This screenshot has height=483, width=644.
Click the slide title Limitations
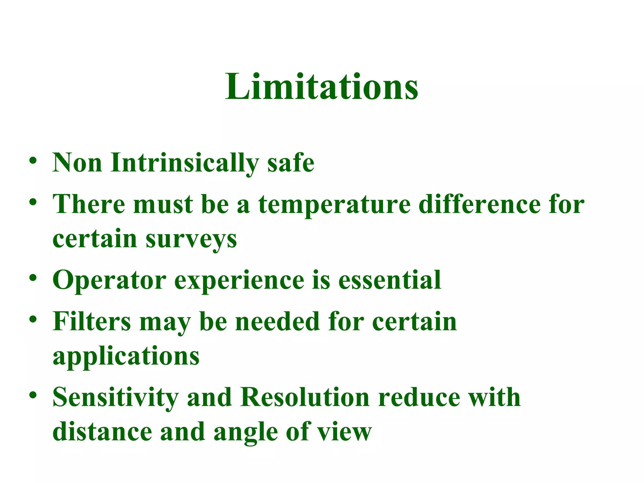point(321,86)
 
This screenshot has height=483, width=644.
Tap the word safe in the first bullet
point(291,163)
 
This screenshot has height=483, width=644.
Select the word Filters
point(92,321)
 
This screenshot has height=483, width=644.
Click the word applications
point(126,357)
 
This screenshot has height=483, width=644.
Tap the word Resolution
point(305,397)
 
